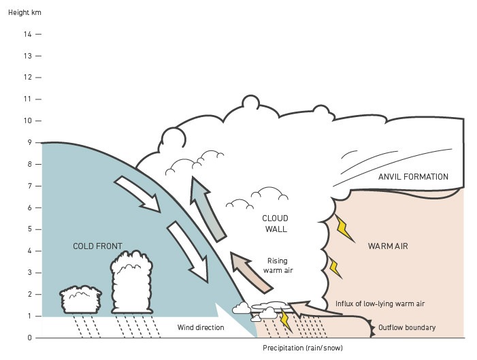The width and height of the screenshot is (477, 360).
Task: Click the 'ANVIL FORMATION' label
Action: (x=413, y=177)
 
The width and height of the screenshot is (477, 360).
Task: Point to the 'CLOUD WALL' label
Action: (x=275, y=223)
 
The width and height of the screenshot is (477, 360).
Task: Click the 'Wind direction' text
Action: (x=201, y=328)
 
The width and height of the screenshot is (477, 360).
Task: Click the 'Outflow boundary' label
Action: (x=407, y=328)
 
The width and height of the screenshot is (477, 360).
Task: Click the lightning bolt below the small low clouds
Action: (x=286, y=321)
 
